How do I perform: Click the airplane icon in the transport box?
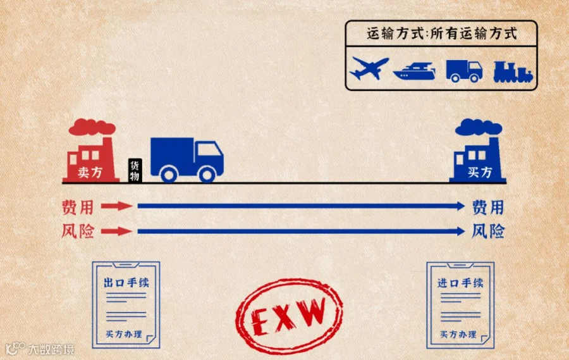tap(369, 68)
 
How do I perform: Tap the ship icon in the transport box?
tap(413, 70)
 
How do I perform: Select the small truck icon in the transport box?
tap(463, 70)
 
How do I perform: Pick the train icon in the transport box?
tap(512, 71)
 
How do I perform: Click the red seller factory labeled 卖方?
tap(91, 161)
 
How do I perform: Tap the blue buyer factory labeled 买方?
tap(478, 161)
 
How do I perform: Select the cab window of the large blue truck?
tap(210, 151)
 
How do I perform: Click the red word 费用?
tap(78, 206)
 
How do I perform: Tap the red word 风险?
tap(78, 231)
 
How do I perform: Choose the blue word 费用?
tap(487, 206)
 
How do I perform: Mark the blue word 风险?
tap(487, 231)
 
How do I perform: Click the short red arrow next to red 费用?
tap(116, 206)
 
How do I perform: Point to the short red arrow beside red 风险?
tap(116, 231)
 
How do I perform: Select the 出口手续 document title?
tap(126, 282)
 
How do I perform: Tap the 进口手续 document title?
tap(460, 282)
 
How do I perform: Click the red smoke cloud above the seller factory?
tap(91, 127)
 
